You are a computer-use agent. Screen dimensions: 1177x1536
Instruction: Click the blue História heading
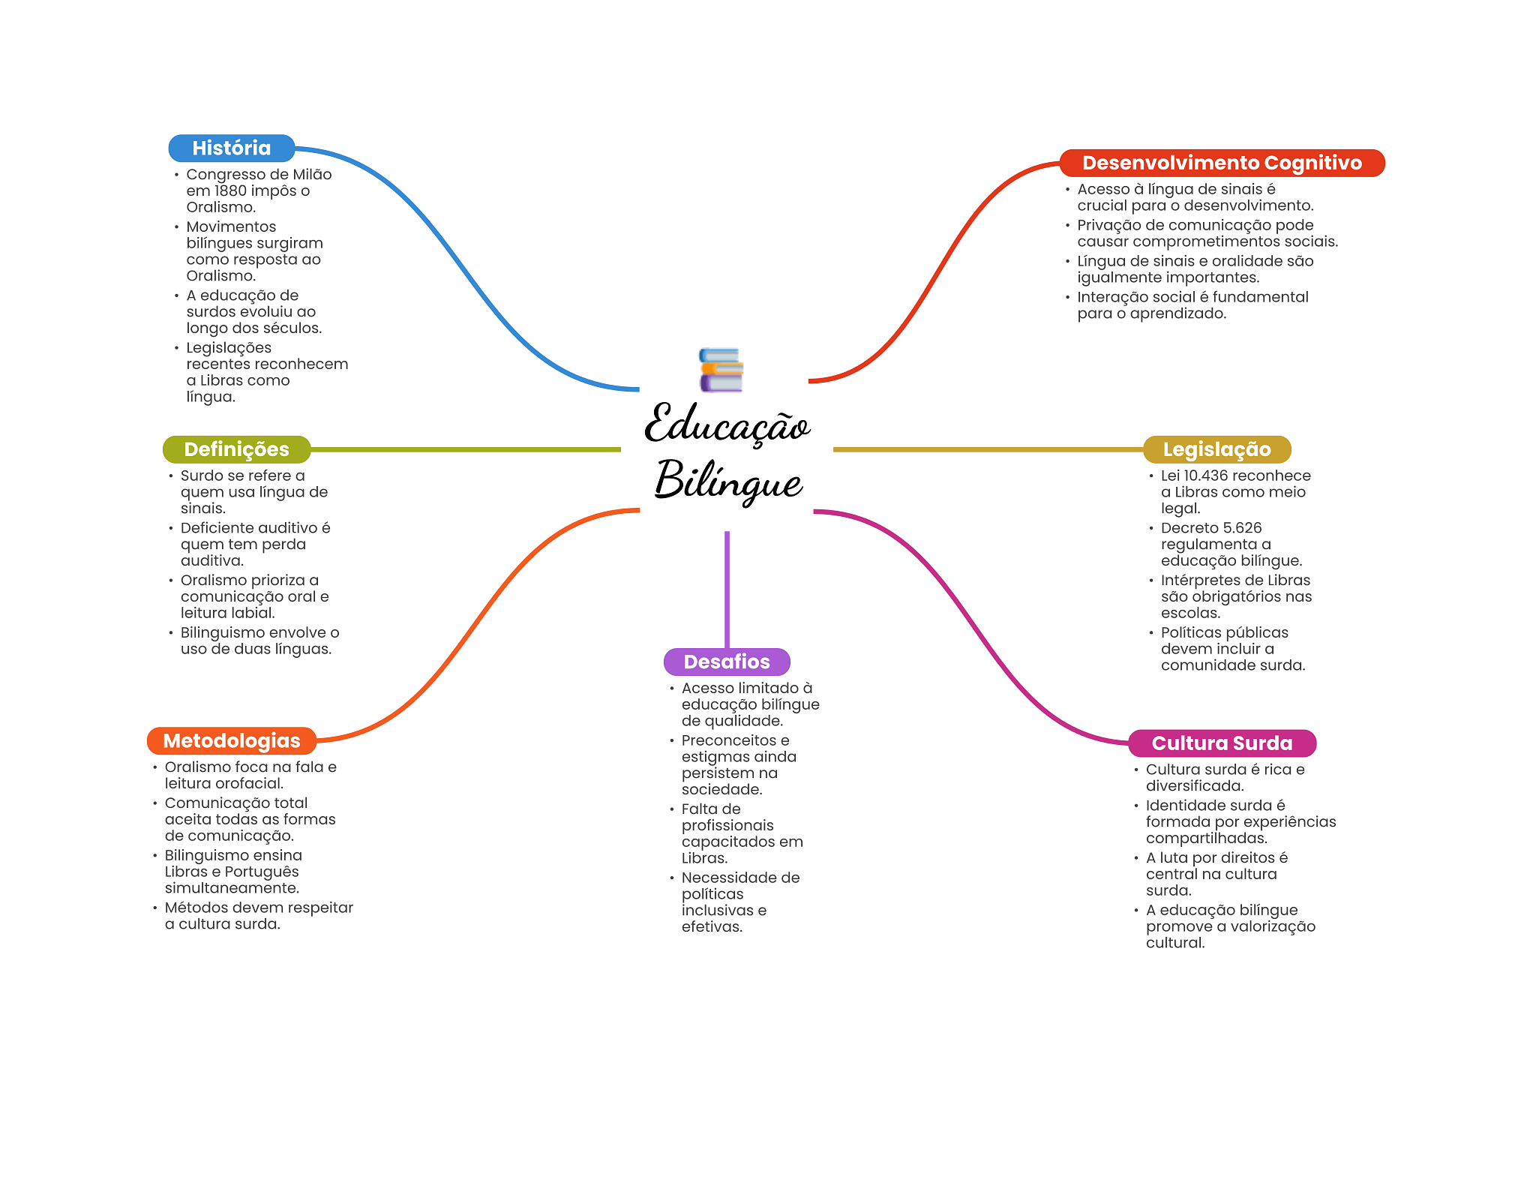tap(231, 149)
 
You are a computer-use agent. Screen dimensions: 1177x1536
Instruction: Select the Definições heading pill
tap(236, 449)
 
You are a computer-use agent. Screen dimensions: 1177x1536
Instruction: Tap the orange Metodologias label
tap(231, 741)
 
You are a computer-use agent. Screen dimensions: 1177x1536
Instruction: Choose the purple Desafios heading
tap(727, 662)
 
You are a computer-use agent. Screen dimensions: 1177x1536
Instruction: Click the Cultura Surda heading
tap(1222, 743)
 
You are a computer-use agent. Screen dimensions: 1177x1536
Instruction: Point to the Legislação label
tap(1216, 449)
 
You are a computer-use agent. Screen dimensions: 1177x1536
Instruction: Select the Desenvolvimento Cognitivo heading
tap(1222, 163)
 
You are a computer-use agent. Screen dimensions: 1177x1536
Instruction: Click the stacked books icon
tap(721, 370)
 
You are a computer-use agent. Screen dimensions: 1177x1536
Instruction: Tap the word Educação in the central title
tap(727, 425)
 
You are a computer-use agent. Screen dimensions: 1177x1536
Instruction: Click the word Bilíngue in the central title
tap(728, 481)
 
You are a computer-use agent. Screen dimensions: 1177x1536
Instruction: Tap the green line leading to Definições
tap(465, 449)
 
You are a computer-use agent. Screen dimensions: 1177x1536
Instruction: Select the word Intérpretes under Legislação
tap(1197, 581)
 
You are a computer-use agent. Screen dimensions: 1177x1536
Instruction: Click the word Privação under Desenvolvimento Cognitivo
tap(1108, 226)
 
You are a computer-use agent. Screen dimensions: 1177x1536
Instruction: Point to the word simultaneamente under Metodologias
tap(232, 888)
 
